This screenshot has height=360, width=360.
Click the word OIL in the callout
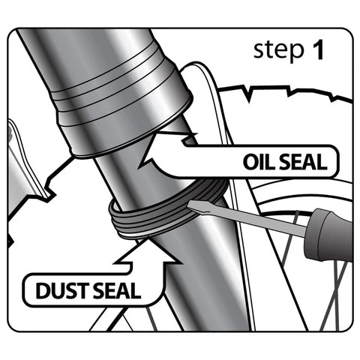pos(259,162)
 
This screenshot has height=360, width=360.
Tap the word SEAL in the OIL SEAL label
pos(302,162)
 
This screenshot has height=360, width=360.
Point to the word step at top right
pos(278,50)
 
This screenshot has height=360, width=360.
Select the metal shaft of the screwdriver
pos(247,219)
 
